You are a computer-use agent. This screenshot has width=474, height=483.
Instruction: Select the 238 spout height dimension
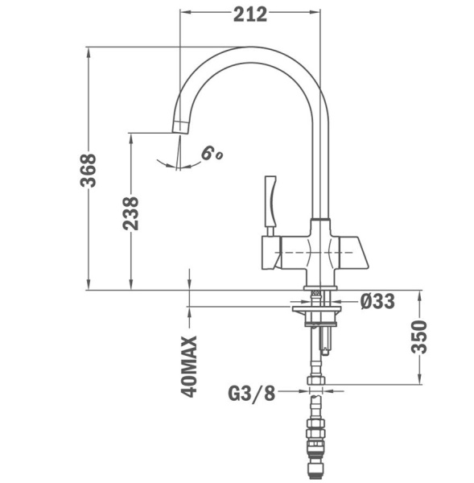point(131,213)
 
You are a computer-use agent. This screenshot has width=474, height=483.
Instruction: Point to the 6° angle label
point(211,152)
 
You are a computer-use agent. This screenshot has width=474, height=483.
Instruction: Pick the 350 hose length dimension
point(418,336)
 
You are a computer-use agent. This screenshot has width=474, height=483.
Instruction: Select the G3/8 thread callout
point(252,393)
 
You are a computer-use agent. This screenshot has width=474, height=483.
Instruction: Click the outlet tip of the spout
point(179,125)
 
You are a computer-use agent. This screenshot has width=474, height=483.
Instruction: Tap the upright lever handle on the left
point(270,202)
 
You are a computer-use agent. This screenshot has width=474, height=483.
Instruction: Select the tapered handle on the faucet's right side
point(352,250)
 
